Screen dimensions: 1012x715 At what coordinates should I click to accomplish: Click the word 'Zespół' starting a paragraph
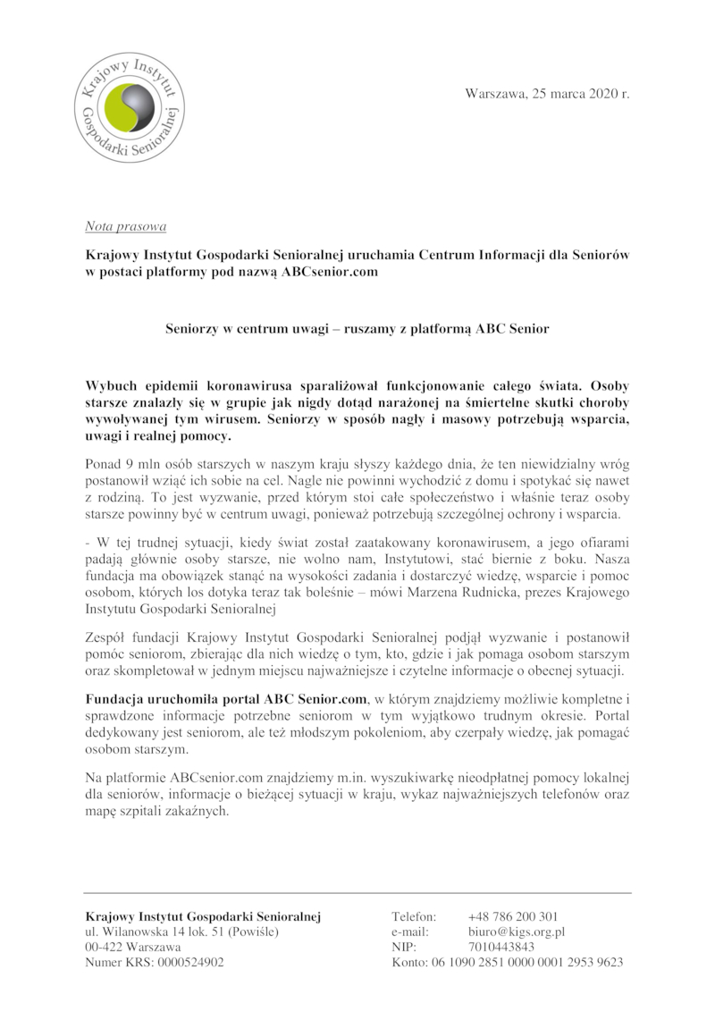pos(106,636)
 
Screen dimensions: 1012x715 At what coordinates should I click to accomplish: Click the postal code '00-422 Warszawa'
pos(132,947)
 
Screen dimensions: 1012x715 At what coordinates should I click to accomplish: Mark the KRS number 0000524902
pos(190,962)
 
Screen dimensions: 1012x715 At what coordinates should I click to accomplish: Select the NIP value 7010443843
pos(501,947)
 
